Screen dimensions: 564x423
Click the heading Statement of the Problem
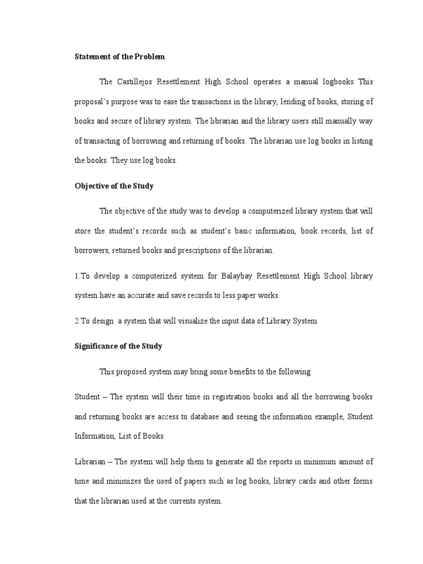click(120, 57)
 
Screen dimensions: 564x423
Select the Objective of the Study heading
click(114, 186)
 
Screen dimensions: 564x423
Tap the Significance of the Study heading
click(118, 346)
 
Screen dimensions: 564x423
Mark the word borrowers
click(92, 250)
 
